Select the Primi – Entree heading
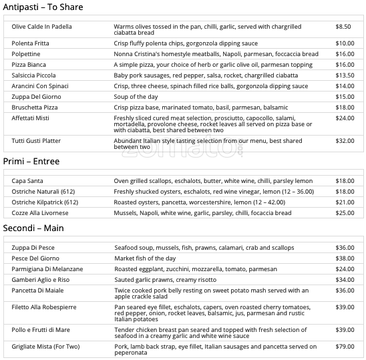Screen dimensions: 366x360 point(31,162)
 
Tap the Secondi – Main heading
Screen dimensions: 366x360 point(33,228)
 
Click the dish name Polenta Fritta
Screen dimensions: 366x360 point(31,43)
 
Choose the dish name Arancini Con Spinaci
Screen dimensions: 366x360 point(40,86)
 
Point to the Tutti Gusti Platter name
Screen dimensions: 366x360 point(36,141)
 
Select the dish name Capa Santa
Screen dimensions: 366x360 point(28,181)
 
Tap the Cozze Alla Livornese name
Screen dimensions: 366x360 point(40,213)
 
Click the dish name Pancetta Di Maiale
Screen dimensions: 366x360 point(39,291)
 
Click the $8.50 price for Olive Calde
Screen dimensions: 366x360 point(343,27)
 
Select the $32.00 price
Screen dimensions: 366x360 point(345,141)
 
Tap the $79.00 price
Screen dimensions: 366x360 point(345,347)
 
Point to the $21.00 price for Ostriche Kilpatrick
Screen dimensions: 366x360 point(345,202)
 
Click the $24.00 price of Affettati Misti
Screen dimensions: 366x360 point(345,118)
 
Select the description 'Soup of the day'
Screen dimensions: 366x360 point(136,97)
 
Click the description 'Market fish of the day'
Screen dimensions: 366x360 point(145,258)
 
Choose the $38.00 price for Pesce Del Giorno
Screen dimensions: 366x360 point(345,258)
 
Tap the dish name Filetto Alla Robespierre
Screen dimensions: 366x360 point(44,307)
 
